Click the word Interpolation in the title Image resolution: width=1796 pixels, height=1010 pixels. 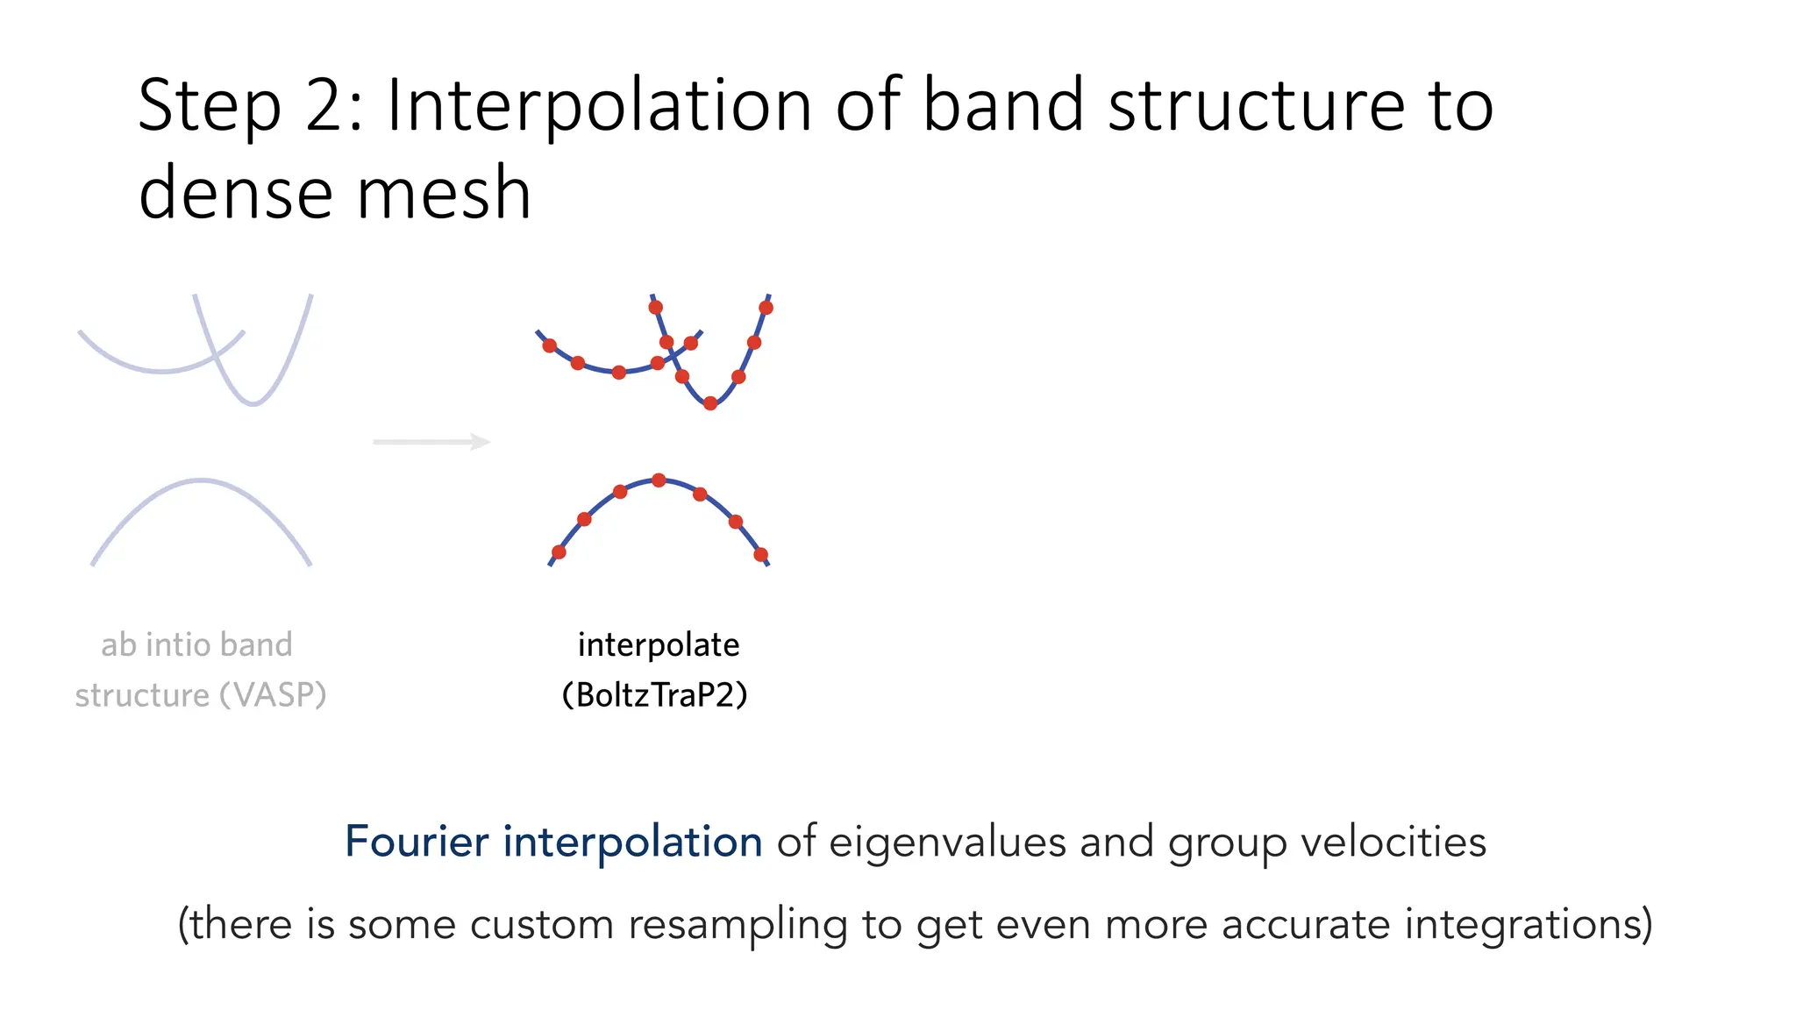click(x=599, y=105)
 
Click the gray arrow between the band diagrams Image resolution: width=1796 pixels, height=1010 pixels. click(x=431, y=442)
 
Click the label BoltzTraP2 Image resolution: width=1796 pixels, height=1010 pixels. click(x=655, y=695)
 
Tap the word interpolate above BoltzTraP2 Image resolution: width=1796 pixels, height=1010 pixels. click(x=658, y=645)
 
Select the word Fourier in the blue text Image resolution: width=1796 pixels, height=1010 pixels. click(x=416, y=842)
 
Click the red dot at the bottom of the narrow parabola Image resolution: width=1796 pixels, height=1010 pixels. click(x=710, y=403)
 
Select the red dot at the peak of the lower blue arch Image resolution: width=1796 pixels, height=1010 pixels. click(x=659, y=480)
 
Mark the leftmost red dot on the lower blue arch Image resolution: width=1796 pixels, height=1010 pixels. click(x=559, y=551)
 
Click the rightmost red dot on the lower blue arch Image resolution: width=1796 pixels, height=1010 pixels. click(x=760, y=554)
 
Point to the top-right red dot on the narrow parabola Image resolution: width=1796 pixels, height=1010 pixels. click(x=766, y=308)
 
